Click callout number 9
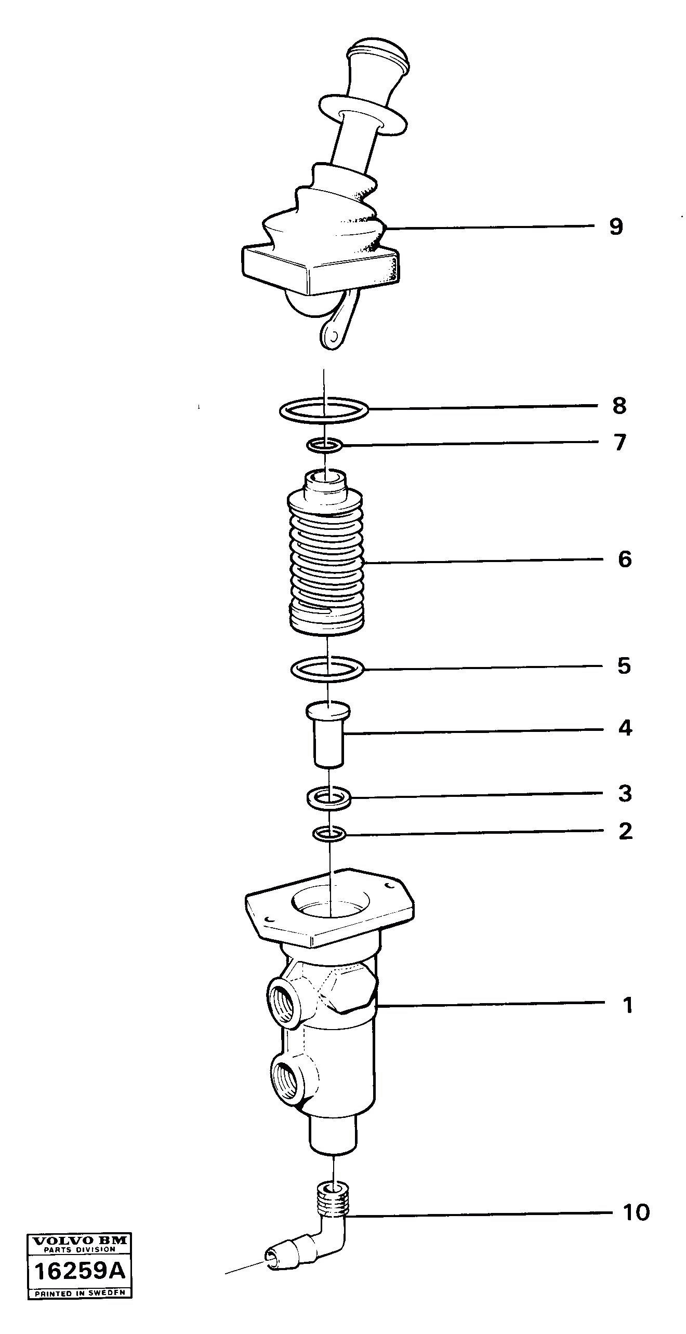click(x=616, y=227)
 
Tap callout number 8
click(x=619, y=406)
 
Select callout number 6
click(x=624, y=559)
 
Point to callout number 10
click(x=636, y=1212)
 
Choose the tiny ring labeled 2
click(x=329, y=834)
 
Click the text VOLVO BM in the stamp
click(x=80, y=1240)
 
